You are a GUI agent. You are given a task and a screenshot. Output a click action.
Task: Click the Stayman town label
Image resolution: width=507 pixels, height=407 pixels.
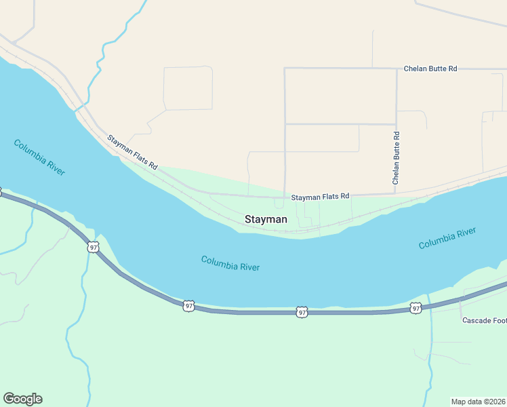click(266, 220)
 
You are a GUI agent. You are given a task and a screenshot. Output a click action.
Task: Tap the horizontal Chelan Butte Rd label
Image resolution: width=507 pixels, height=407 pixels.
click(430, 69)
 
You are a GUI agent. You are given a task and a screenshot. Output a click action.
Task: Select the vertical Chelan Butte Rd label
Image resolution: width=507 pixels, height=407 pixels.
click(397, 158)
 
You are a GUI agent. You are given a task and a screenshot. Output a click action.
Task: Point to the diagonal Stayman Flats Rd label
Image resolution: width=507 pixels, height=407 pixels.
click(132, 152)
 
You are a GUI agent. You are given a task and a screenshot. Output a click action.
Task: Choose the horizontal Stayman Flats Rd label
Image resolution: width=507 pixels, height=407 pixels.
click(320, 197)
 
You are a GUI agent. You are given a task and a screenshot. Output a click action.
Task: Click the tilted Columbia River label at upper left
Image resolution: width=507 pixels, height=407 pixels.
click(39, 157)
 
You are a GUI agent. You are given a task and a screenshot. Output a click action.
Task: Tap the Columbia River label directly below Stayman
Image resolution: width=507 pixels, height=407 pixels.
click(230, 263)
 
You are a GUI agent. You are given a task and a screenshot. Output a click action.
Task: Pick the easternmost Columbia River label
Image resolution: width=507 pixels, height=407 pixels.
click(447, 238)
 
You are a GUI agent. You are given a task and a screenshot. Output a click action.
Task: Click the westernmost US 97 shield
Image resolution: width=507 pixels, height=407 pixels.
click(93, 247)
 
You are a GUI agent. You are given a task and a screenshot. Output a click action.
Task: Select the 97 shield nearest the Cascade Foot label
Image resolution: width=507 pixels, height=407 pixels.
click(415, 309)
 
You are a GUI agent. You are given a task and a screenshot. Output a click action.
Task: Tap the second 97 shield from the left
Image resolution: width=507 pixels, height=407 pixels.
click(189, 307)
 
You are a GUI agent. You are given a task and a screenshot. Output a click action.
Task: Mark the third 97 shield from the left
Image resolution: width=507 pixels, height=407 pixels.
click(302, 312)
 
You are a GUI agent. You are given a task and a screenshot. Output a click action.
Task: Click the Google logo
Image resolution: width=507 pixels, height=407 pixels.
click(22, 399)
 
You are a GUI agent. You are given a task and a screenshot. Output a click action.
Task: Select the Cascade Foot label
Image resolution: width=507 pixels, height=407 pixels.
click(484, 320)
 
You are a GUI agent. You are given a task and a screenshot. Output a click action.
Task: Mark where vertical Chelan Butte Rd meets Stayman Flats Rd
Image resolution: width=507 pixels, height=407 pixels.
click(397, 193)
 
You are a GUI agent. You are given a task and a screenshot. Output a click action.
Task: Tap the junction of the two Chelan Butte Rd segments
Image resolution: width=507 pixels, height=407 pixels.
click(397, 69)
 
